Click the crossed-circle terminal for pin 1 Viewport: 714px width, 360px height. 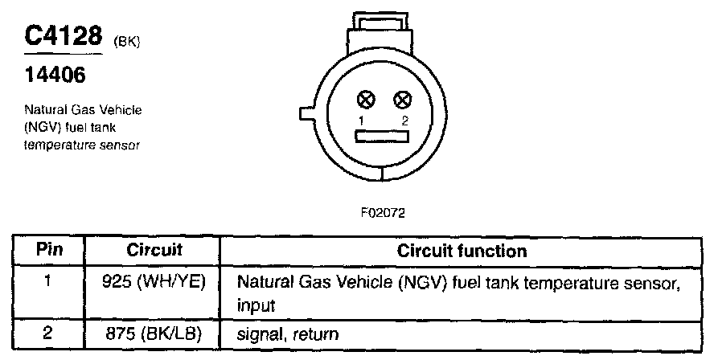367,100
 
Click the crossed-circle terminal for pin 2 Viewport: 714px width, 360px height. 403,100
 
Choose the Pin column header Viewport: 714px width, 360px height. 49,251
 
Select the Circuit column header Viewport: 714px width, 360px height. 154,251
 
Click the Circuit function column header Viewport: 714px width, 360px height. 462,251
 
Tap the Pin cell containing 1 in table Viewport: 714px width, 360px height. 49,283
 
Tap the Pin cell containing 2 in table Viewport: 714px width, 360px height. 49,333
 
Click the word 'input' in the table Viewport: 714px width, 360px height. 256,306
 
